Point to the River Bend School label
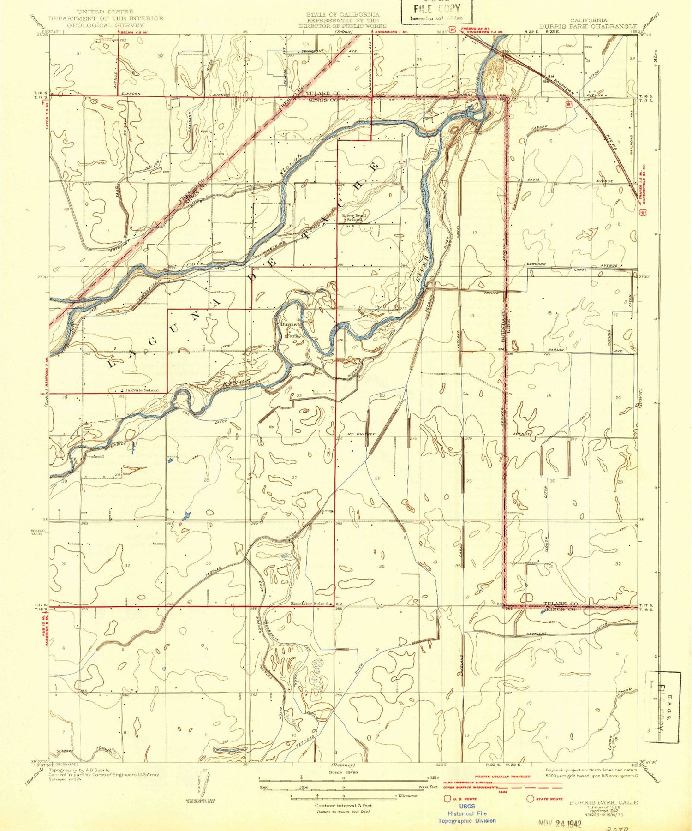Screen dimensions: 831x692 click(x=354, y=217)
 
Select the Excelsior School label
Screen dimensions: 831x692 click(x=310, y=604)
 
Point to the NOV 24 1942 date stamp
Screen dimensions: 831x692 click(x=560, y=823)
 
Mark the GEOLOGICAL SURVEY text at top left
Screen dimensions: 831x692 click(x=106, y=25)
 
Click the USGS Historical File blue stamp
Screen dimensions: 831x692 click(x=466, y=813)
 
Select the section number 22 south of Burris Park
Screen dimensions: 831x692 click(x=299, y=396)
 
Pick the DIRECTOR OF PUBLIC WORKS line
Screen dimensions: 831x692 click(x=343, y=26)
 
